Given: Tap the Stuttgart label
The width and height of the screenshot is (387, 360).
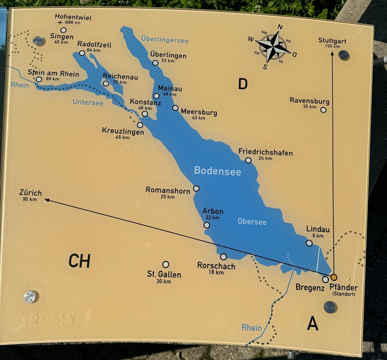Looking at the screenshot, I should tap(332, 41).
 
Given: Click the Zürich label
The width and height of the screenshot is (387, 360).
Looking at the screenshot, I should tap(30, 193).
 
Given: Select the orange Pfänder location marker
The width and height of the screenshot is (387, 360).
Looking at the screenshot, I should tap(334, 277).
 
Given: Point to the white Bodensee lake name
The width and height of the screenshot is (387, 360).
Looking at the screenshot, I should tap(217, 171).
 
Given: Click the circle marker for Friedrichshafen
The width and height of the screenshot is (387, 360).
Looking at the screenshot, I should tap(248, 160).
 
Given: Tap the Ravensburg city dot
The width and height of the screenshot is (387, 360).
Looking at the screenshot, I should tap(323, 110).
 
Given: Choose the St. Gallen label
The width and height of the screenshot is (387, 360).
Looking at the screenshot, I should tap(164, 274).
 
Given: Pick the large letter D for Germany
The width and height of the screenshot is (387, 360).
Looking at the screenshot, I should tap(243, 84).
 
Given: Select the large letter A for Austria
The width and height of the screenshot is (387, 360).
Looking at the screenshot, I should tap(313, 323).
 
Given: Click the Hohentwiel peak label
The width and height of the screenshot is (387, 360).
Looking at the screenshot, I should tap(73, 18).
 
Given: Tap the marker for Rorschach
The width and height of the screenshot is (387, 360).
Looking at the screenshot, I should tap(223, 257).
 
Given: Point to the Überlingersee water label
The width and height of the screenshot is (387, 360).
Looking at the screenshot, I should tap(165, 40).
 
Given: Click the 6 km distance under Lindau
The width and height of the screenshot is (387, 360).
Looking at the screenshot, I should tap(318, 236).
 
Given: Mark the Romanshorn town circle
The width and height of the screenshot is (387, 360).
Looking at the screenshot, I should tap(196, 188).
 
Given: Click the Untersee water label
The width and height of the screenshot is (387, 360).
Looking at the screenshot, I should tap(88, 103).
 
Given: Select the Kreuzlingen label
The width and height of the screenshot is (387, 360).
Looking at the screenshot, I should tap(123, 131).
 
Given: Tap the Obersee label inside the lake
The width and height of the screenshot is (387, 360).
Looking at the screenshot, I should tap(252, 222).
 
